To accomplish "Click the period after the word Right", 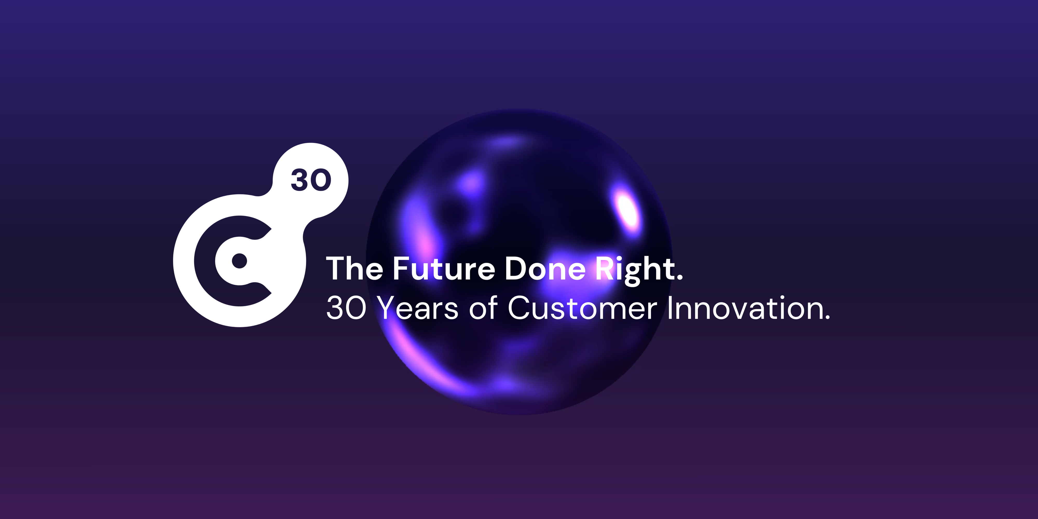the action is [x=680, y=277].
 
